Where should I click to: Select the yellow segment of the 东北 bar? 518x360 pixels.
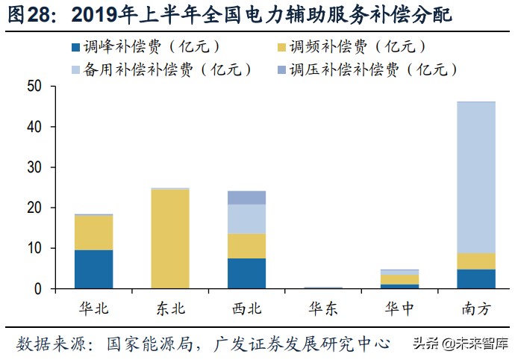169,239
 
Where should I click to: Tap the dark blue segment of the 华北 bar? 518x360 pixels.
93,269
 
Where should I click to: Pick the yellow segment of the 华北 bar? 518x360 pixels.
93,232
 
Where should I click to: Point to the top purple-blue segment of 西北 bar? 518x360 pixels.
246,197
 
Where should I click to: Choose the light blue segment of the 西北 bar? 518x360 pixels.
246,219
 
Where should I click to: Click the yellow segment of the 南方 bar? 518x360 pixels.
475,261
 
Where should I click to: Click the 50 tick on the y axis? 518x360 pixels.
35,87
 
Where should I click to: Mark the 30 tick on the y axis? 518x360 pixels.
35,167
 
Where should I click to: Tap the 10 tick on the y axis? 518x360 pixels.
35,248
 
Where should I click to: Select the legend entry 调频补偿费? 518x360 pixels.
352,46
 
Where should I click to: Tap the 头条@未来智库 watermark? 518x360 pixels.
461,344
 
